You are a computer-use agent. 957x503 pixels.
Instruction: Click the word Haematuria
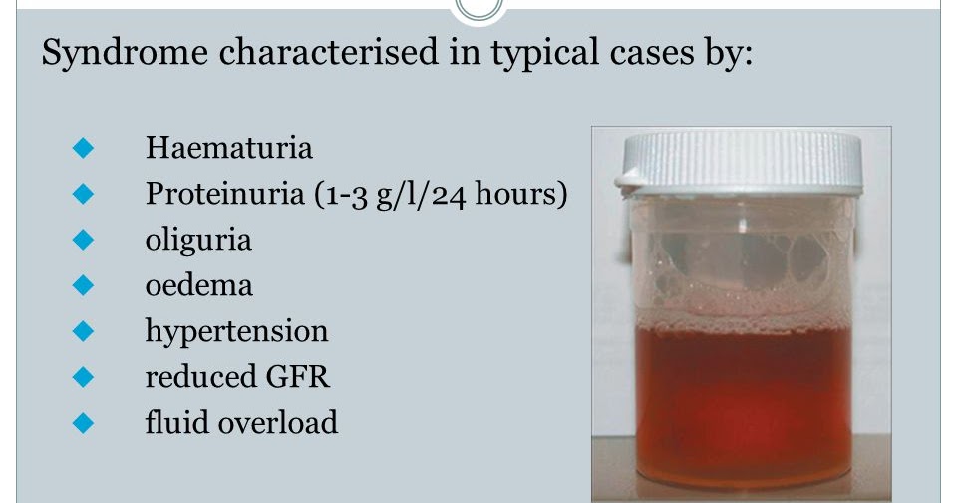[228, 149]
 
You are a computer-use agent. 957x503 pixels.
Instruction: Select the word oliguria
[198, 241]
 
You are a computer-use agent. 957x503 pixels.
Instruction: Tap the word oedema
[198, 286]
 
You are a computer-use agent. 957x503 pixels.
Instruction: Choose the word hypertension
[236, 331]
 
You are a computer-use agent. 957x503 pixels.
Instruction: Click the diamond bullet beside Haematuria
[83, 149]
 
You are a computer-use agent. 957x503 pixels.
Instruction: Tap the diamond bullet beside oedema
[83, 286]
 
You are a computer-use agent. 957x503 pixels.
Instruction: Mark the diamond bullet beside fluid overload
[83, 423]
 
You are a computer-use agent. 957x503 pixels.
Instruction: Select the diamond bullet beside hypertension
[83, 331]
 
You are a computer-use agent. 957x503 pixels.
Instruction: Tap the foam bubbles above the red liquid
[743, 269]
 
